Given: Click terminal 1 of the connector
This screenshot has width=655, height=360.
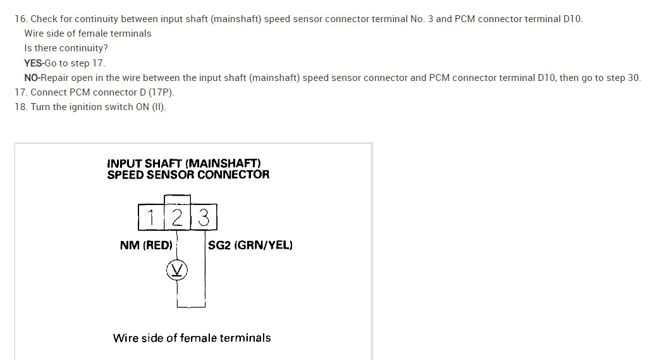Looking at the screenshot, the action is click(x=150, y=217).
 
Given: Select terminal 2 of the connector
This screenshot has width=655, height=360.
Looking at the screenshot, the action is click(x=178, y=217).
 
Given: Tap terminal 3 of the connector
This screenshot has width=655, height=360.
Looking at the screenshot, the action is click(x=204, y=217).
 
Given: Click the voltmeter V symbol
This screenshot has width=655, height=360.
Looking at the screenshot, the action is click(x=178, y=271).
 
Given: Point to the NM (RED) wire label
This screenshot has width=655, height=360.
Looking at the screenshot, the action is click(x=146, y=245).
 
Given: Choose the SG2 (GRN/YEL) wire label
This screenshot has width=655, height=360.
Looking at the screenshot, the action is click(x=250, y=245).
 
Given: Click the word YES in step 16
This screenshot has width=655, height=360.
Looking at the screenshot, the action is click(x=33, y=63).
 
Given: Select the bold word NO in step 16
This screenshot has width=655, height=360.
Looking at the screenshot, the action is click(x=31, y=78).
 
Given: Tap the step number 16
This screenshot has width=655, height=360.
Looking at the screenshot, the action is click(x=20, y=19).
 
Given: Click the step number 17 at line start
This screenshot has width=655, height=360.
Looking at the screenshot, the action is click(x=20, y=92).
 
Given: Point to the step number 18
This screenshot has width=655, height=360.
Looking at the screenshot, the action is click(x=20, y=107).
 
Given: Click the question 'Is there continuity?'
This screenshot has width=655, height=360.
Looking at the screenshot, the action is click(x=66, y=48).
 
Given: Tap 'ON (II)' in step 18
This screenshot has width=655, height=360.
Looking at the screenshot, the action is click(x=152, y=107).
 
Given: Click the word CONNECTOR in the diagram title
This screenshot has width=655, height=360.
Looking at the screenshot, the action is click(x=233, y=175).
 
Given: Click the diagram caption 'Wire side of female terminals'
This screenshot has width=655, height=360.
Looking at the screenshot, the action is click(x=192, y=338).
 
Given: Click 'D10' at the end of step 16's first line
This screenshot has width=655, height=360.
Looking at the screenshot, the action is click(x=572, y=19).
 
